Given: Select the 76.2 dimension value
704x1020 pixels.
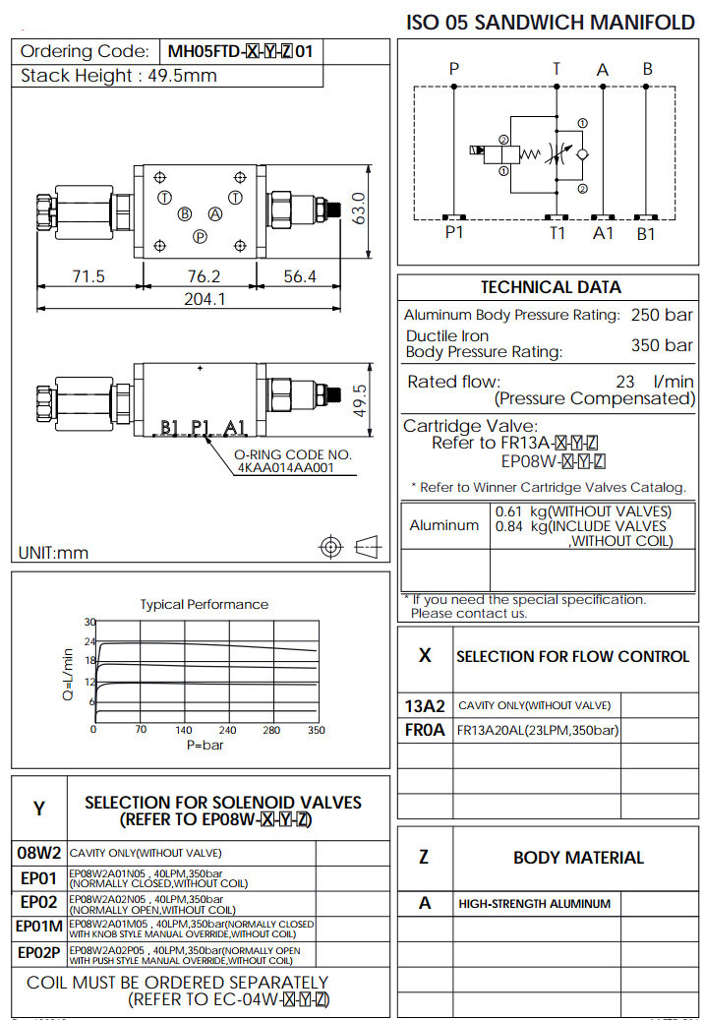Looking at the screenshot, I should tap(202, 276).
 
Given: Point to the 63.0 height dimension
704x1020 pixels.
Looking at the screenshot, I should tap(359, 210).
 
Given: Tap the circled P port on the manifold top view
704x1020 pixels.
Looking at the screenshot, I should tap(200, 236).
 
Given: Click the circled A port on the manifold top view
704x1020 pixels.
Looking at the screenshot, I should tap(214, 214).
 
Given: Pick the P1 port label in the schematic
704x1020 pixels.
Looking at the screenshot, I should tap(453, 233).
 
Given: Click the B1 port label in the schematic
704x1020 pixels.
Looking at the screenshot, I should tap(645, 233).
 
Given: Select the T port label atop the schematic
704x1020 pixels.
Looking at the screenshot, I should tap(556, 69).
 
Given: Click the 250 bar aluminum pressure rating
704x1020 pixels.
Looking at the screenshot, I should tap(662, 315).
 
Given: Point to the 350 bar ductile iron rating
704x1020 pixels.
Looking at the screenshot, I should tap(662, 345).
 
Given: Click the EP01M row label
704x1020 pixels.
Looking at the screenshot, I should tap(38, 926).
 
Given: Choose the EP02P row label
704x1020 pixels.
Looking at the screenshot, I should tap(39, 953).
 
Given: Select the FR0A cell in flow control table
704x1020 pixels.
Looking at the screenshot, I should tap(425, 731).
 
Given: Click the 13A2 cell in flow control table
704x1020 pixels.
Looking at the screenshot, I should tap(425, 705).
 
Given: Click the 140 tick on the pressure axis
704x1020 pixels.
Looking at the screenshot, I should tap(184, 730).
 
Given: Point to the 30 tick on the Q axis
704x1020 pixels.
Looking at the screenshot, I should tap(89, 622).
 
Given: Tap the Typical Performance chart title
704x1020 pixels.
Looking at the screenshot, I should tap(204, 604).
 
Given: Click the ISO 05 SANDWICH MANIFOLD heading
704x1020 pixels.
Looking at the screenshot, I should tap(551, 22).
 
